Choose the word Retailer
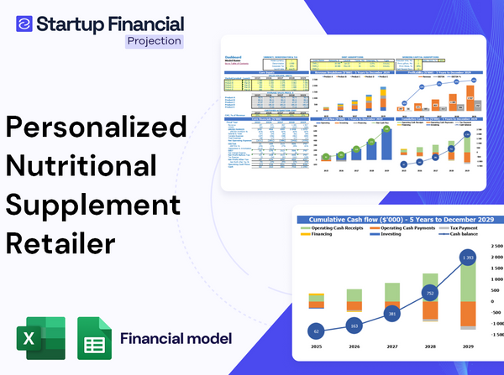tap(61, 242)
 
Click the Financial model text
tap(176, 339)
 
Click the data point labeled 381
tap(391, 315)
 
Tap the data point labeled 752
tap(430, 294)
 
